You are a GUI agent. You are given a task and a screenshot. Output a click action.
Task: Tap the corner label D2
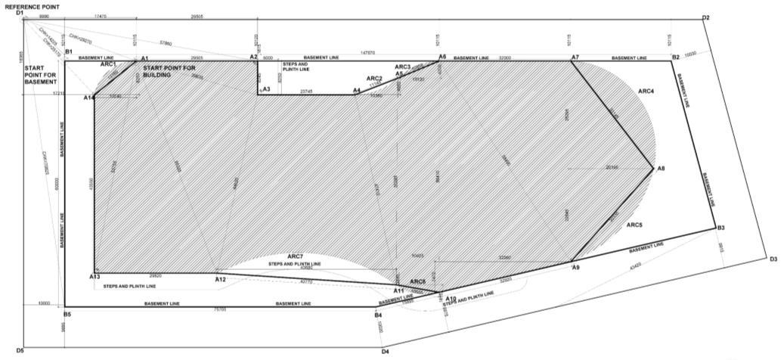coord(705,17)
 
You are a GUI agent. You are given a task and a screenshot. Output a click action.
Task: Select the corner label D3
coord(773,259)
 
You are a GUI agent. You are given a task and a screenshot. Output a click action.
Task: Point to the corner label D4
coord(385,352)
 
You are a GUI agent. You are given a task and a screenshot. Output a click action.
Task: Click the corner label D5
coord(20,351)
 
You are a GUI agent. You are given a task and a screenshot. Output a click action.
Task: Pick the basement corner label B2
coord(677,57)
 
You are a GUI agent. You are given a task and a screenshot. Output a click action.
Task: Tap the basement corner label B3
coord(720,228)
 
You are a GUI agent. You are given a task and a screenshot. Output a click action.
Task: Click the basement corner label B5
coord(67,314)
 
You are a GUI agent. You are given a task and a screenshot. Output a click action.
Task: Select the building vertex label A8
coord(660,168)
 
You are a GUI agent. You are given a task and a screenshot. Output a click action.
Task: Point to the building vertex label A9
coord(575,268)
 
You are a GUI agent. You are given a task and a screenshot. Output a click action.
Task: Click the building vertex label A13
coord(95,277)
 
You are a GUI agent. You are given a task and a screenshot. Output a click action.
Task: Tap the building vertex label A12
coord(220,280)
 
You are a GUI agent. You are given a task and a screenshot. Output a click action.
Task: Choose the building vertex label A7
coord(575,57)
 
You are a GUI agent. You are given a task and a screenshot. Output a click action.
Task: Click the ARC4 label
coord(646,91)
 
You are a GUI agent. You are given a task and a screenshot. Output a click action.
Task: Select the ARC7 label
coord(295,256)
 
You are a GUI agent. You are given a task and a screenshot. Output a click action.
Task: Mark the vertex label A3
coord(266,89)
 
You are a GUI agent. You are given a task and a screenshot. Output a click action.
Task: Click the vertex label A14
coord(88,97)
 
